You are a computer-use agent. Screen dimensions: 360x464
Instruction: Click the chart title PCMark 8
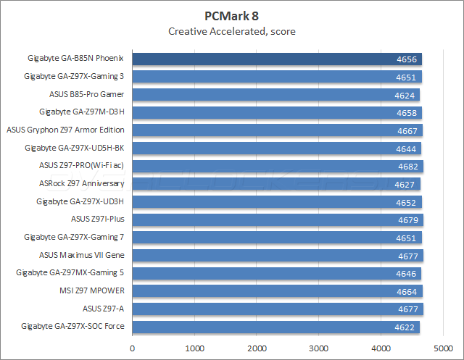pyautogui.click(x=231, y=14)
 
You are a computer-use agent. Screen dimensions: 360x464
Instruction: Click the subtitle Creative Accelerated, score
pyautogui.click(x=231, y=31)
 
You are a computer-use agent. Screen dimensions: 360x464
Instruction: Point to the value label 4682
pyautogui.click(x=407, y=166)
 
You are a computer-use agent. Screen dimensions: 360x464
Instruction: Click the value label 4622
pyautogui.click(x=404, y=327)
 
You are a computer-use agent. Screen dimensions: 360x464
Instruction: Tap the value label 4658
pyautogui.click(x=406, y=112)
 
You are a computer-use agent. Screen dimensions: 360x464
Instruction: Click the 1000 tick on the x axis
pyautogui.click(x=194, y=348)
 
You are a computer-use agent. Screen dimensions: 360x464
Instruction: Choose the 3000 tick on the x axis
pyautogui.click(x=318, y=348)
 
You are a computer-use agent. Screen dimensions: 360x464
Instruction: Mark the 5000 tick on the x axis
pyautogui.click(x=442, y=348)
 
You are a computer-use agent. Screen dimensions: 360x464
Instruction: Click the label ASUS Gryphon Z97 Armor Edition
pyautogui.click(x=65, y=130)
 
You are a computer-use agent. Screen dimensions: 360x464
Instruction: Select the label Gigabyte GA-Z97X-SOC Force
pyautogui.click(x=73, y=327)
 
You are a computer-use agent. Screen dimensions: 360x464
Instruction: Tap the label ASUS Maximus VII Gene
pyautogui.click(x=82, y=255)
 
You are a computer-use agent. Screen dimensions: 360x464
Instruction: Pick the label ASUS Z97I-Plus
pyautogui.click(x=98, y=219)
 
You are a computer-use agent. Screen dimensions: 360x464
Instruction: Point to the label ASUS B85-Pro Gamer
pyautogui.click(x=87, y=94)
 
